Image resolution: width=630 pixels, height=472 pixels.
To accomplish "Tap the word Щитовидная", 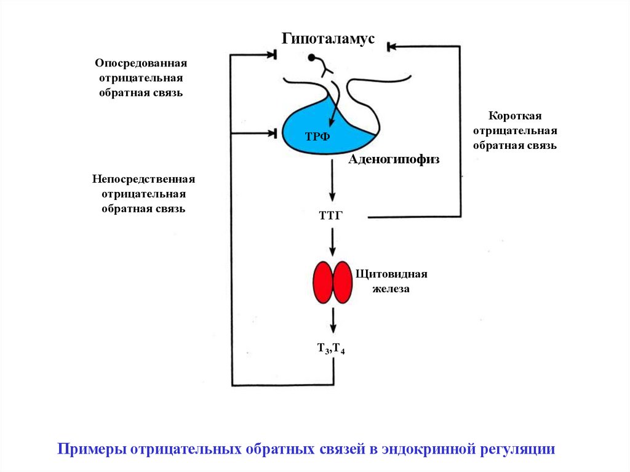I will [391, 274].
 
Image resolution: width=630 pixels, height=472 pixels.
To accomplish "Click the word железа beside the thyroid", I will [389, 288].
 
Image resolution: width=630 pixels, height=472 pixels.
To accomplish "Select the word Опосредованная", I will [141, 63].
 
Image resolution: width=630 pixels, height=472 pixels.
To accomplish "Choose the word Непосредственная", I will [144, 179].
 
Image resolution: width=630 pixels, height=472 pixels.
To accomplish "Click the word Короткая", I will [514, 116].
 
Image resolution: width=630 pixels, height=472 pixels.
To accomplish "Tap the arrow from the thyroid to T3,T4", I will [332, 321].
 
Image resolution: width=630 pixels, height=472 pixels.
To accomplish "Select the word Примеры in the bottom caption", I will [91, 448].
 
